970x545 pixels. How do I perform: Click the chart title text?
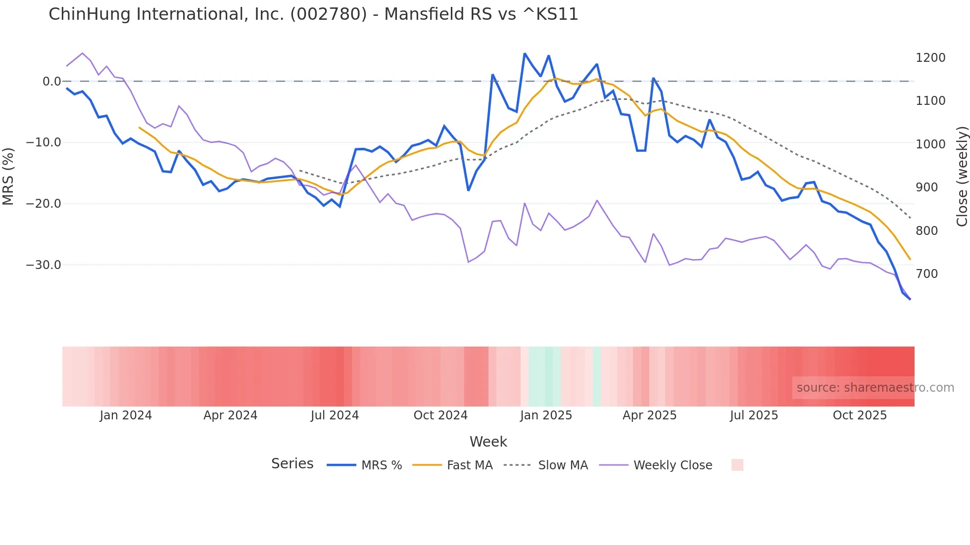click(313, 14)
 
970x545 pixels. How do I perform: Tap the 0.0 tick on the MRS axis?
click(51, 81)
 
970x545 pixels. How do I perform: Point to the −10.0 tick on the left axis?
click(44, 142)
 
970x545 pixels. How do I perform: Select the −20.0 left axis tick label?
click(44, 204)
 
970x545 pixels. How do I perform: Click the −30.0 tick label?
click(44, 265)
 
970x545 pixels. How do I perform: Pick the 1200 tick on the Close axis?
click(930, 58)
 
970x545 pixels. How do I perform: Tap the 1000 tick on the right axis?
click(930, 144)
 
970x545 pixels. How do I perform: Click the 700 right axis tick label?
click(926, 274)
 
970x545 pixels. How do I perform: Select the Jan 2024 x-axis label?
click(126, 415)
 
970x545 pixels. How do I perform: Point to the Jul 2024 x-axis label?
click(335, 415)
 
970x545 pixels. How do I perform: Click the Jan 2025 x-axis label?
click(546, 415)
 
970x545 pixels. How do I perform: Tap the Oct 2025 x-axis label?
click(860, 415)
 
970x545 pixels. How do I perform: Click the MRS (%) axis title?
click(8, 176)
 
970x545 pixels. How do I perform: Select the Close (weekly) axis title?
click(962, 177)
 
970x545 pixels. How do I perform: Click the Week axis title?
click(488, 442)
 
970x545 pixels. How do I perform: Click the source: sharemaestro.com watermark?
click(875, 388)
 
